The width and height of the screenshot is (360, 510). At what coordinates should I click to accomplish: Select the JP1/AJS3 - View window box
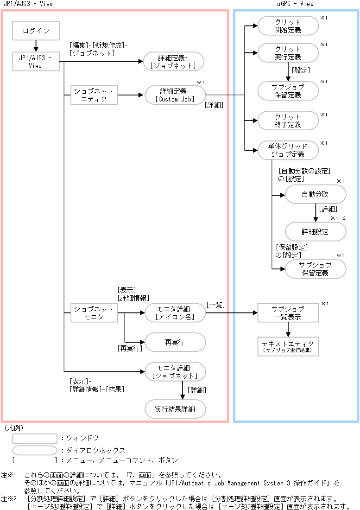pyautogui.click(x=36, y=62)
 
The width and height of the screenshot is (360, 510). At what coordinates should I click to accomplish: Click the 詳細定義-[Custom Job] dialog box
pyautogui.click(x=175, y=95)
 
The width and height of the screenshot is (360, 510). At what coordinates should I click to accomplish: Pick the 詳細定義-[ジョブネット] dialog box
pyautogui.click(x=174, y=62)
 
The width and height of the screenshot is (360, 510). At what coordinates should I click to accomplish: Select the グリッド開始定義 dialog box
pyautogui.click(x=288, y=26)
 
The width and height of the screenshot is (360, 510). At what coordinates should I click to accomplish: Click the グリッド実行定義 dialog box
pyautogui.click(x=288, y=53)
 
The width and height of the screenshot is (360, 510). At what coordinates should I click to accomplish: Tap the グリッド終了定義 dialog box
pyautogui.click(x=288, y=120)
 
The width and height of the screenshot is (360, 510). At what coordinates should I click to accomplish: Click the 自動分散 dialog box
pyautogui.click(x=315, y=194)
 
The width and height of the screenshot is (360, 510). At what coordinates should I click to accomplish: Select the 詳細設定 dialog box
pyautogui.click(x=315, y=231)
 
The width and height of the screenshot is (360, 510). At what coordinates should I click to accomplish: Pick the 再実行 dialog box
pyautogui.click(x=175, y=343)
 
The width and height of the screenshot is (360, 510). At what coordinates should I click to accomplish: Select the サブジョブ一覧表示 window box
pyautogui.click(x=288, y=313)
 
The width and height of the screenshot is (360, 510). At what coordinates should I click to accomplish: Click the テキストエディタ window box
pyautogui.click(x=288, y=346)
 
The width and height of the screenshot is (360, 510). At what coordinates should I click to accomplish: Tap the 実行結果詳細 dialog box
pyautogui.click(x=175, y=409)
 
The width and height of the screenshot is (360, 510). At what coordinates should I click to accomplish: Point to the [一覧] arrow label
pyautogui.click(x=216, y=304)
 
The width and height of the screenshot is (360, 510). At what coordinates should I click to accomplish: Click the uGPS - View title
pyautogui.click(x=295, y=4)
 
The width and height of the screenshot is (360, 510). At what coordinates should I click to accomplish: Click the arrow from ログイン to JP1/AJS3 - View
pyautogui.click(x=36, y=45)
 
